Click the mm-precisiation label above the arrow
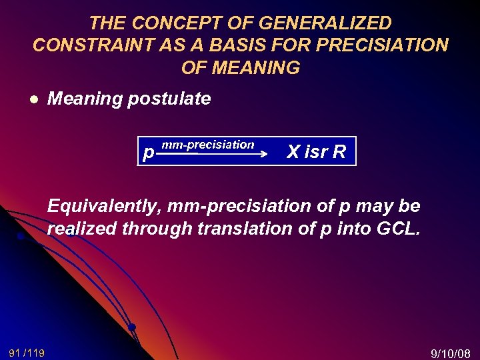pyautogui.click(x=207, y=144)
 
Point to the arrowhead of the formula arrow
pyautogui.click(x=263, y=153)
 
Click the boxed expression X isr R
pyautogui.click(x=316, y=152)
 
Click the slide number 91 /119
pyautogui.click(x=27, y=352)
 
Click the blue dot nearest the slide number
pyautogui.click(x=132, y=327)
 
